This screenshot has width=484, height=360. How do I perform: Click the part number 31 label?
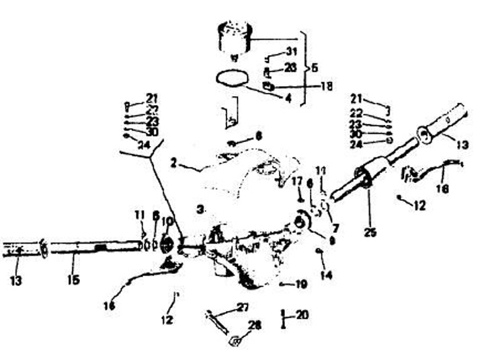coord(290,51)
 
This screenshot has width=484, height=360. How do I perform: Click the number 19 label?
coord(300,285)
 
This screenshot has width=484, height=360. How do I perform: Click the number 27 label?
coord(242,308)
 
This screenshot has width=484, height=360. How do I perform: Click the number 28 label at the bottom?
coord(253,326)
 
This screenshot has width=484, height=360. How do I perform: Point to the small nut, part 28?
coord(236,341)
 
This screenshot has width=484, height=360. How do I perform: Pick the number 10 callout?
coord(167,221)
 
